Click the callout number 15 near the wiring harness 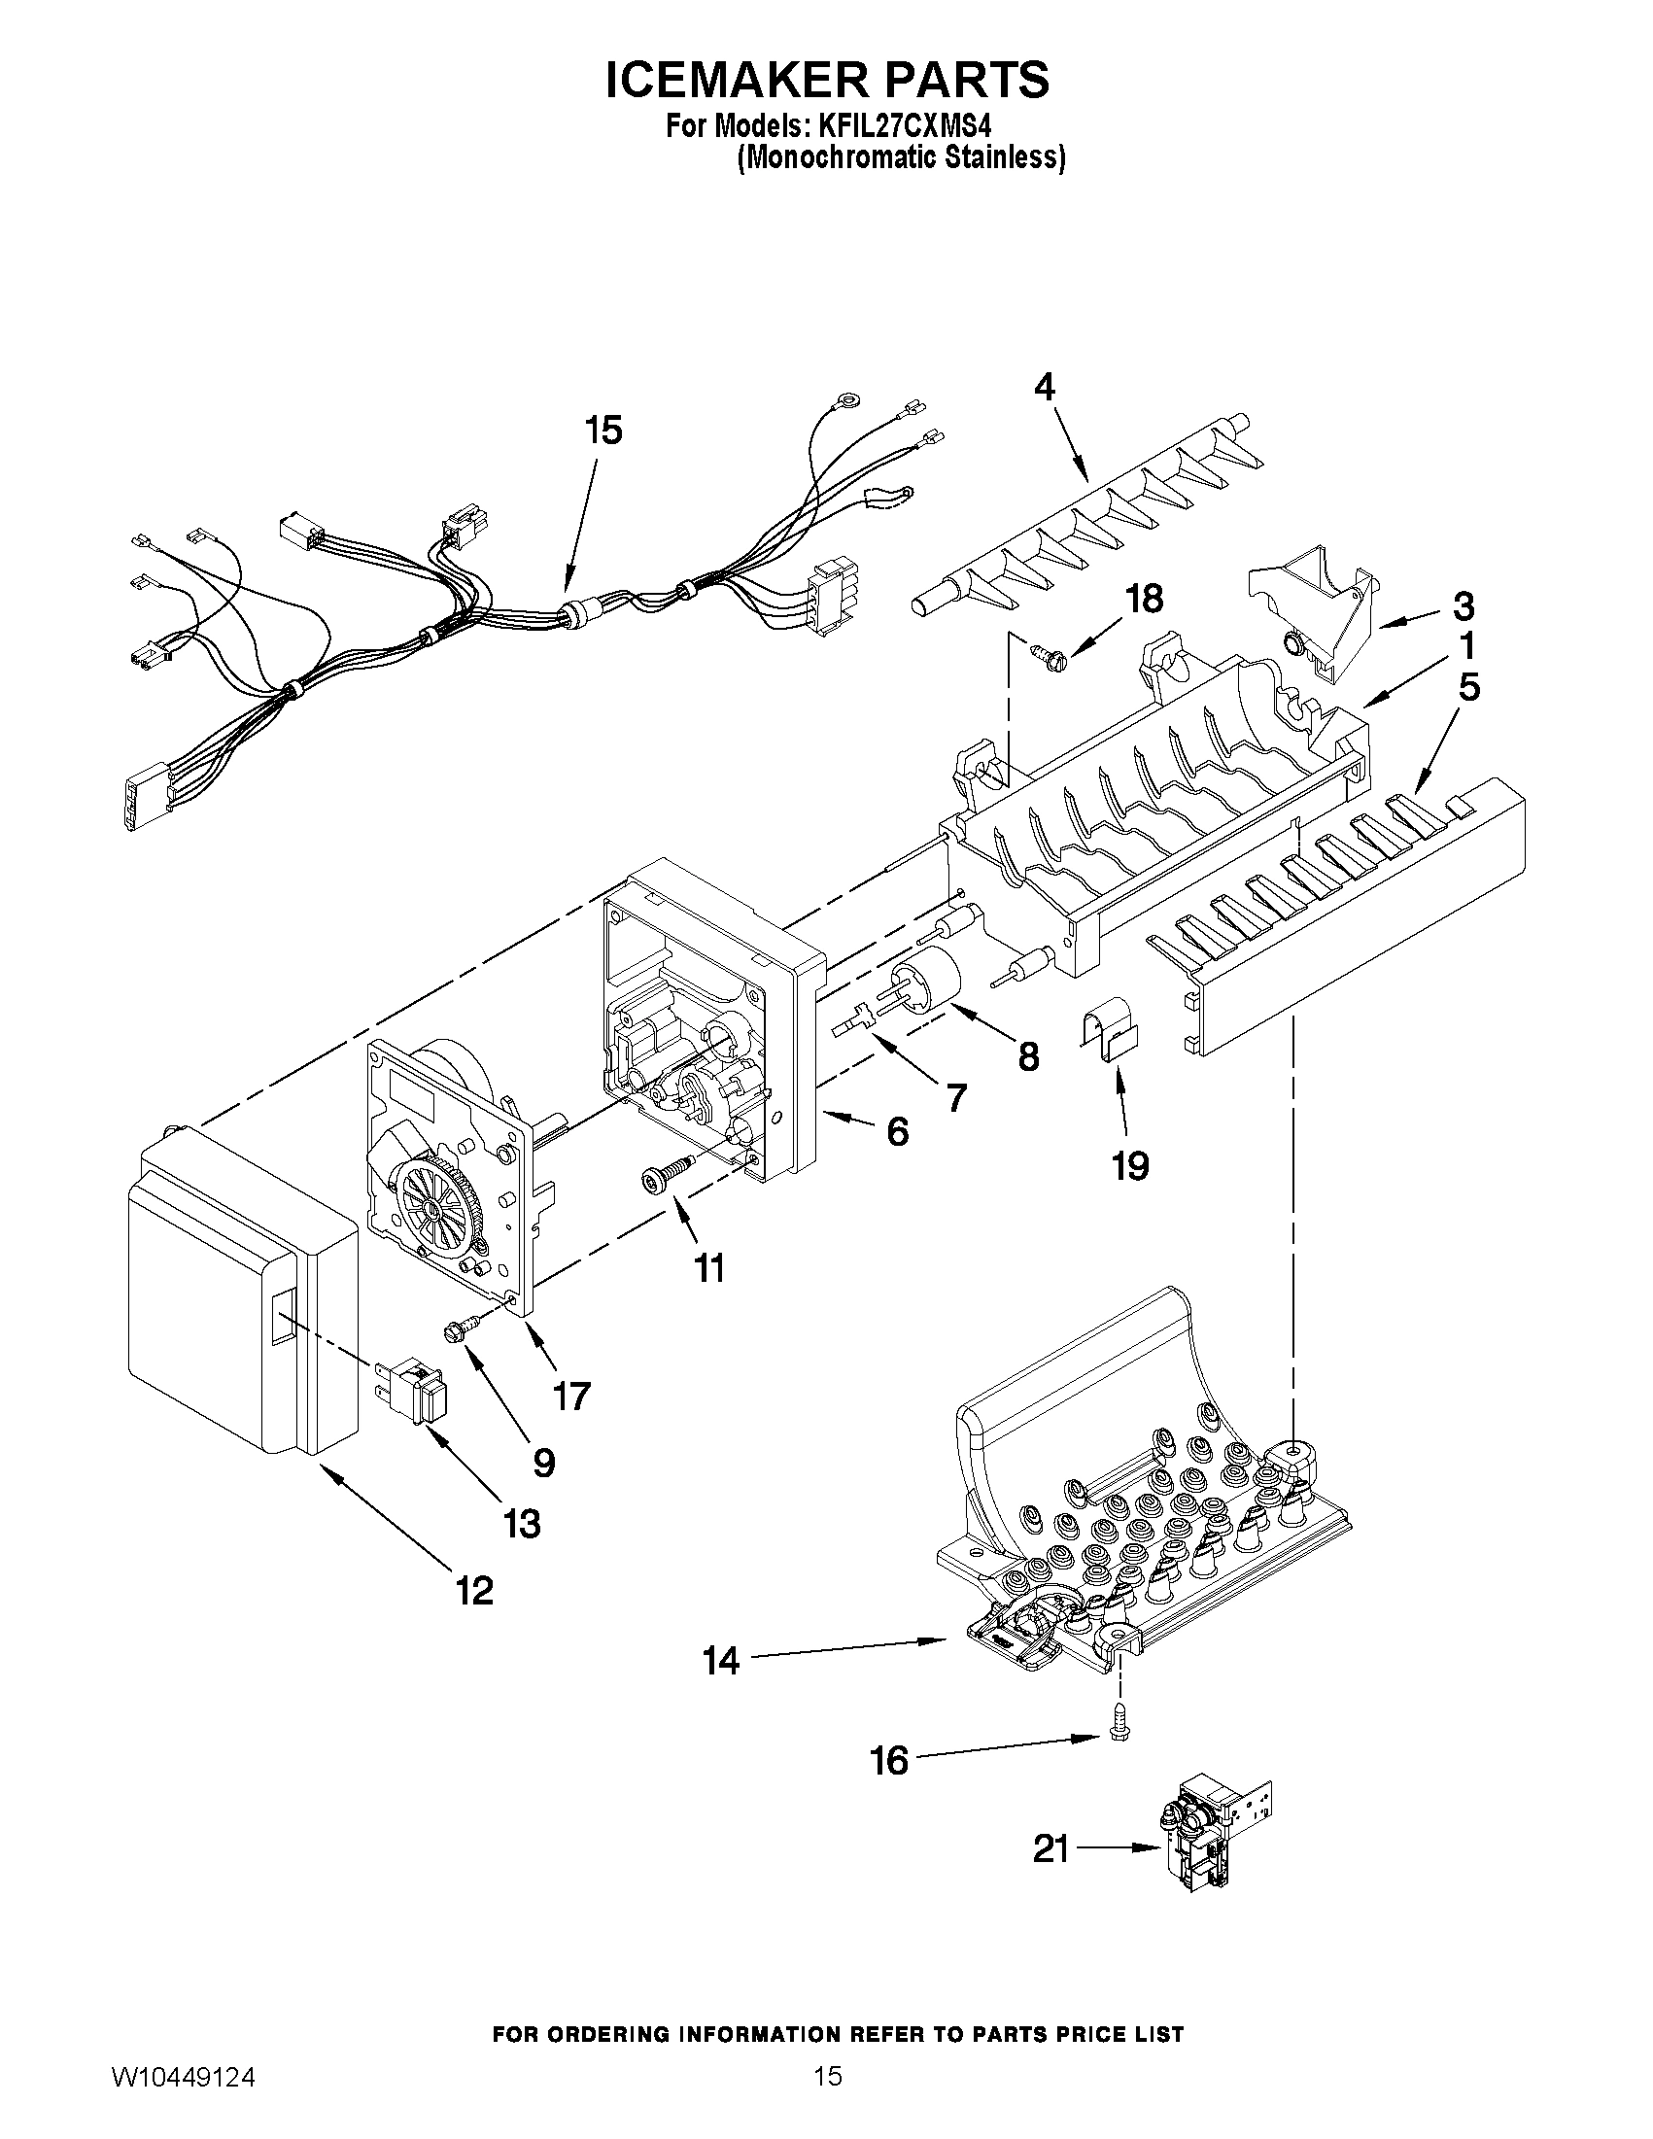click(603, 430)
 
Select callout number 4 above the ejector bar click(1045, 387)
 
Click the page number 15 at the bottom click(828, 2102)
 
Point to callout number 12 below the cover click(473, 1591)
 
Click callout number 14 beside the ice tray click(721, 1661)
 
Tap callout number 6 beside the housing click(897, 1131)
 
